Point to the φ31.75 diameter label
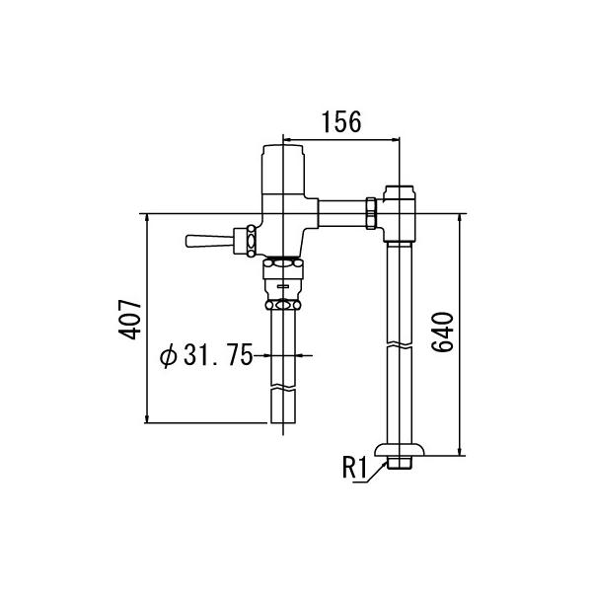coord(207,355)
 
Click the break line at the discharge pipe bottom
coord(282,393)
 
